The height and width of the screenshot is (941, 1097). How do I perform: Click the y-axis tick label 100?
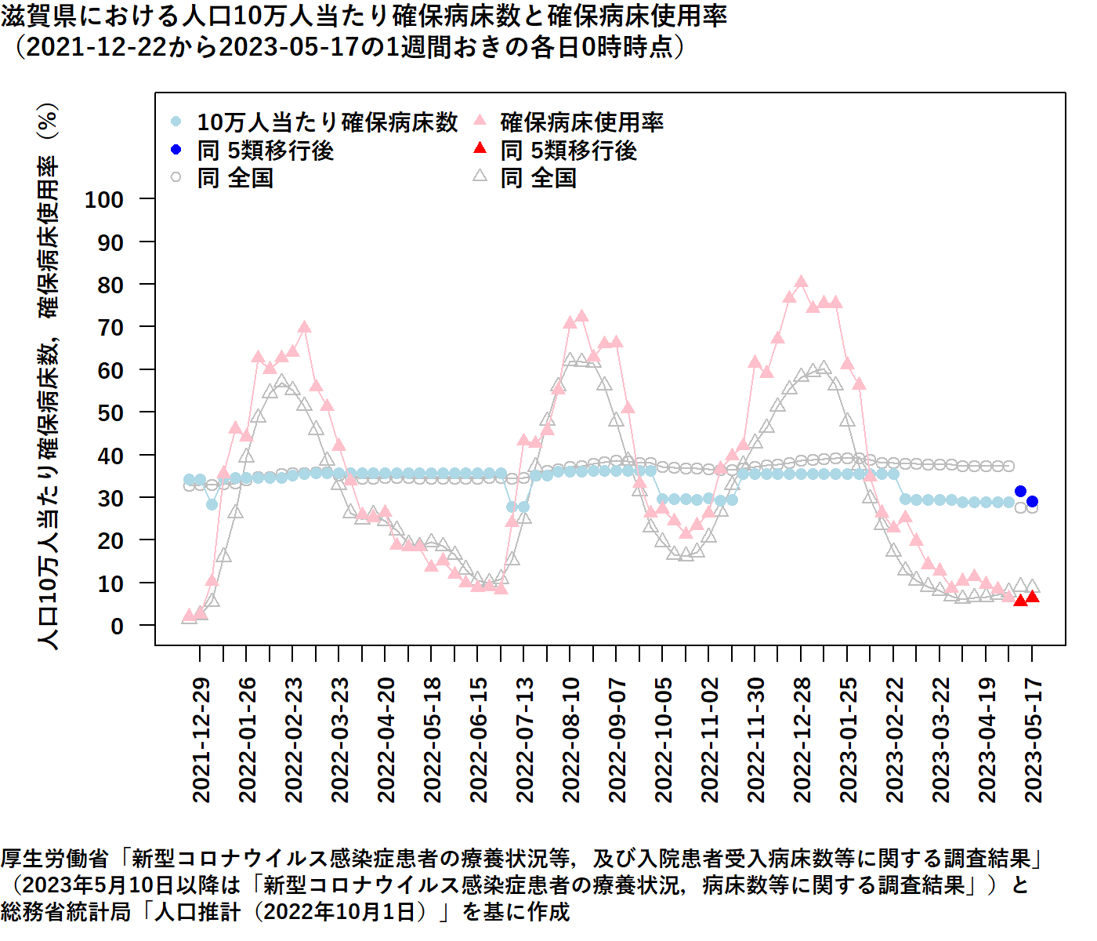pyautogui.click(x=104, y=200)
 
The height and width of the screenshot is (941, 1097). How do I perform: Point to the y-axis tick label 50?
pyautogui.click(x=110, y=413)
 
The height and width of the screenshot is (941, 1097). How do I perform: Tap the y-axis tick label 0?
pyautogui.click(x=117, y=627)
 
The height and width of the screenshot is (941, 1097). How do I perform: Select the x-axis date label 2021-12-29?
pyautogui.click(x=201, y=739)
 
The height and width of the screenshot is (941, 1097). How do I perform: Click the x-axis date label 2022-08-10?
pyautogui.click(x=571, y=739)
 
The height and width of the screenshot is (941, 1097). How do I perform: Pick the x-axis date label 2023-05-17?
pyautogui.click(x=1034, y=739)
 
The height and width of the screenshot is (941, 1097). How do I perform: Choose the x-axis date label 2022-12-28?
pyautogui.click(x=802, y=739)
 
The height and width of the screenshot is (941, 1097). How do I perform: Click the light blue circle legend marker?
pyautogui.click(x=176, y=122)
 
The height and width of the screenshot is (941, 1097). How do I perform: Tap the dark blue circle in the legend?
pyautogui.click(x=176, y=150)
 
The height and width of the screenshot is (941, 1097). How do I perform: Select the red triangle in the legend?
pyautogui.click(x=480, y=149)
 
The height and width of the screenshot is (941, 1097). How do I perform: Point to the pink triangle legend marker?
pyautogui.click(x=480, y=121)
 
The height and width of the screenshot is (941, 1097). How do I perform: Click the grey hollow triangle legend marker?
pyautogui.click(x=480, y=177)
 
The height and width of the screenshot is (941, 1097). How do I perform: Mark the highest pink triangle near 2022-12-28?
pyautogui.click(x=801, y=282)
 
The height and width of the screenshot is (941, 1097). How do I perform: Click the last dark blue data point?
pyautogui.click(x=1032, y=502)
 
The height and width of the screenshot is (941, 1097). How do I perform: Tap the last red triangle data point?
pyautogui.click(x=1032, y=598)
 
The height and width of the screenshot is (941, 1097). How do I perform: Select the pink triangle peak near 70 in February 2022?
pyautogui.click(x=305, y=328)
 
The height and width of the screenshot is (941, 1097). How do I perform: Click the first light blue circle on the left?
pyautogui.click(x=189, y=480)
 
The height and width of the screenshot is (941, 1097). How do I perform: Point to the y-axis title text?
pyautogui.click(x=48, y=376)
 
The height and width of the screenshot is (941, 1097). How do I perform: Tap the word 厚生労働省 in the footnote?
pyautogui.click(x=55, y=859)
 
